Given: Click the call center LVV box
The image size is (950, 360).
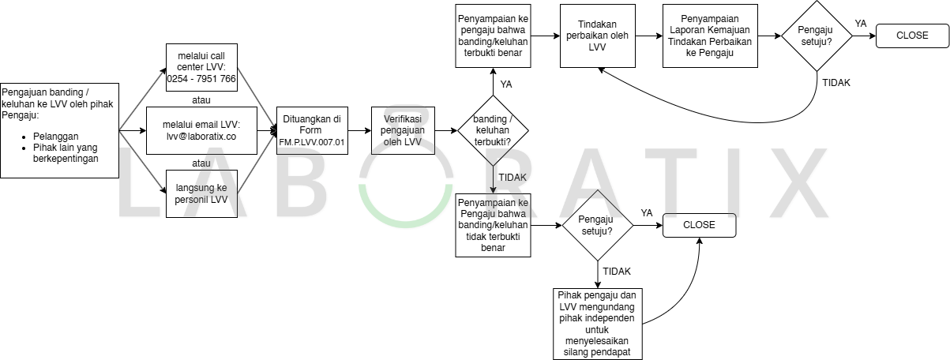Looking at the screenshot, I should (201, 67).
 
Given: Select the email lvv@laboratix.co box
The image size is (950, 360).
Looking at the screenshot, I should (201, 130).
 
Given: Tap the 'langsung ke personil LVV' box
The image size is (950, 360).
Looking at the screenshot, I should (201, 194).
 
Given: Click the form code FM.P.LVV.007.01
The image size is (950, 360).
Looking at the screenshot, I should (312, 142).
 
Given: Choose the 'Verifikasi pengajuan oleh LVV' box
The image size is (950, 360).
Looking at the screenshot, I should (403, 130).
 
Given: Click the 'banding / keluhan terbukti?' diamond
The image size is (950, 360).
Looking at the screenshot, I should (493, 130).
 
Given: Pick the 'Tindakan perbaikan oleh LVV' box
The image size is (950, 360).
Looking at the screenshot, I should (597, 36).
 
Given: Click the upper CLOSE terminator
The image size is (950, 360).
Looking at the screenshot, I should (912, 36).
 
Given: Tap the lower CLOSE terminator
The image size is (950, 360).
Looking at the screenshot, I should (699, 225).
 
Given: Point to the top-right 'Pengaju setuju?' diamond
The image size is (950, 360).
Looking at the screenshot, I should (817, 36).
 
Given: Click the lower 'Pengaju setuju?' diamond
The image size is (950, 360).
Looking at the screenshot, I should (597, 225).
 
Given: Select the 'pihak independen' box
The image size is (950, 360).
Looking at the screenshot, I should (597, 323).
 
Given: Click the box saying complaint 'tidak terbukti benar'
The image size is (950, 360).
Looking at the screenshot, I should (493, 225).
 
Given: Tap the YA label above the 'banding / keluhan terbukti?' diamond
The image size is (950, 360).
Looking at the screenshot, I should (506, 84).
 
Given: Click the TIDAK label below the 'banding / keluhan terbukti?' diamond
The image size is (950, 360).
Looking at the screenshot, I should (513, 178).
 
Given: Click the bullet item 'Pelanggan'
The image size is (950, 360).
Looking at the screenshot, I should (56, 136).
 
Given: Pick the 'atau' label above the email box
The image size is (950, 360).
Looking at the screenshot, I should (201, 99).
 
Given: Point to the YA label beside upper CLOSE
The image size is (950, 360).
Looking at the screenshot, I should (861, 24).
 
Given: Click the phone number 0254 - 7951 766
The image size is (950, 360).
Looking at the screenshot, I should (201, 79).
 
